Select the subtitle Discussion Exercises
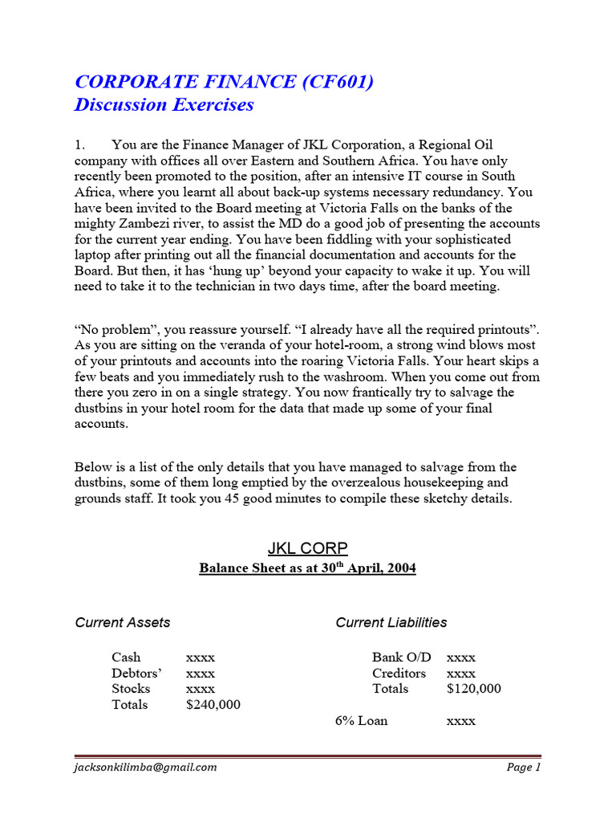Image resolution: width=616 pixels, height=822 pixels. pos(164,104)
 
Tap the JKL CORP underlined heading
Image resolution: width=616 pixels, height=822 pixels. pos(307,548)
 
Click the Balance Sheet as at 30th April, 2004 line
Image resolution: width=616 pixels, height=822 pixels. pos(307,568)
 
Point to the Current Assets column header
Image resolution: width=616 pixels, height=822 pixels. pos(122,622)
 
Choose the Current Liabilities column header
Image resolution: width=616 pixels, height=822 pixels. pos(391,622)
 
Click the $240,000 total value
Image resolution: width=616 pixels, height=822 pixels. pos(213,705)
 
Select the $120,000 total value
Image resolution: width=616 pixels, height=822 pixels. pos(473,689)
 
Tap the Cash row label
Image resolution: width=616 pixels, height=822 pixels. pos(127,657)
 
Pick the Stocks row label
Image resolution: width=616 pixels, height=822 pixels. pos(131,689)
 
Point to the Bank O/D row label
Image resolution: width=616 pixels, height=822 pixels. pos(401,657)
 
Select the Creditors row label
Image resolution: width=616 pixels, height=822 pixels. pos(399,673)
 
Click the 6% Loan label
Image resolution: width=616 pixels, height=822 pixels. pos(361,721)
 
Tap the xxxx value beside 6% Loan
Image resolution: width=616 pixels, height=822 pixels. pos(460,721)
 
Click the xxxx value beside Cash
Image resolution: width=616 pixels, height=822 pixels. pos(200,657)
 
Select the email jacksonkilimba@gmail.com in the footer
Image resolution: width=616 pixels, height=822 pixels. pos(145,767)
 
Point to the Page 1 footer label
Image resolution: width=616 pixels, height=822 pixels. pos(524,767)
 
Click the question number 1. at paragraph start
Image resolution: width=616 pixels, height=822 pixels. pos(79,145)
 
